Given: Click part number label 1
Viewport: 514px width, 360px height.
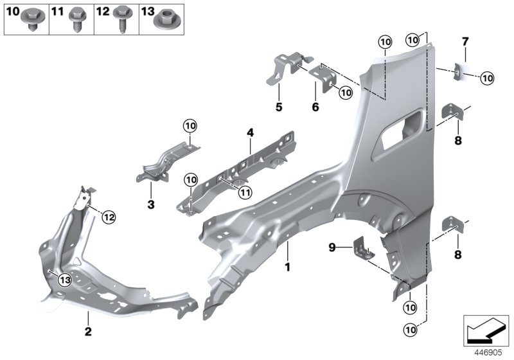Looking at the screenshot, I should pyautogui.click(x=288, y=266).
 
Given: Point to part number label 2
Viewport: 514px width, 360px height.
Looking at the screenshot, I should pyautogui.click(x=88, y=332).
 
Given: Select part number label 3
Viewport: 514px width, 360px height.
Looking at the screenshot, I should pyautogui.click(x=150, y=204).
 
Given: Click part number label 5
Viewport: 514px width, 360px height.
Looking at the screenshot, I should pyautogui.click(x=279, y=107).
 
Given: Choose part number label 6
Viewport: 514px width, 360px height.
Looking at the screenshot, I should pyautogui.click(x=315, y=107).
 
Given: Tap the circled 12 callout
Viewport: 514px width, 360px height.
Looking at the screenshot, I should pyautogui.click(x=109, y=218).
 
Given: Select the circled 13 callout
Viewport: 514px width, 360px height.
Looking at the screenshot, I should pyautogui.click(x=66, y=279).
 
